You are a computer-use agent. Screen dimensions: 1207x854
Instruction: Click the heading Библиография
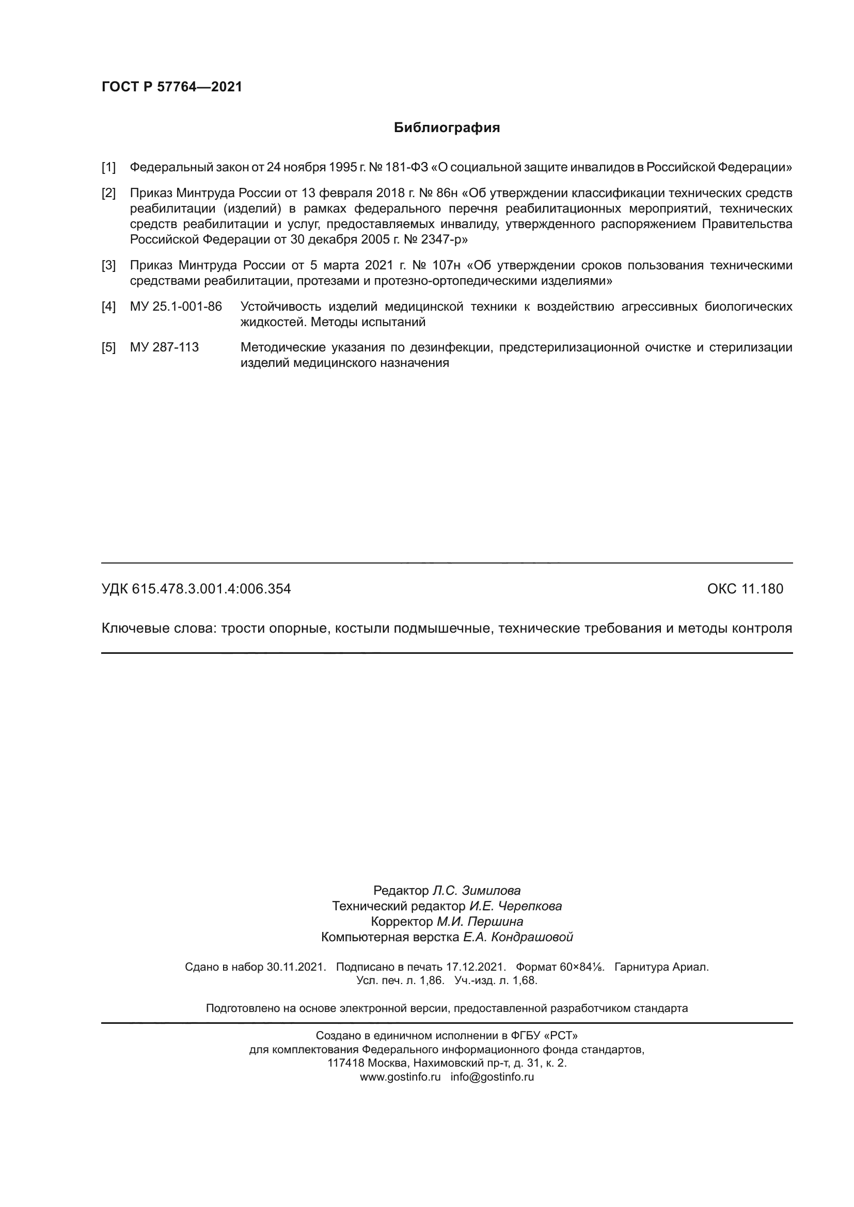(447, 128)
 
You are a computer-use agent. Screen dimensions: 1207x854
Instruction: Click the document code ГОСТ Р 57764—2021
(172, 87)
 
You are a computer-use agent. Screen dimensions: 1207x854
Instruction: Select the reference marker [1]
(108, 168)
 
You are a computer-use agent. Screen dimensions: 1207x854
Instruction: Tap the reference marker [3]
(108, 265)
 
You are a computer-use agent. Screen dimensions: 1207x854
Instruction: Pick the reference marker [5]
(108, 347)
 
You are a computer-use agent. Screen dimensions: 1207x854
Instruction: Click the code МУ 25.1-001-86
(176, 307)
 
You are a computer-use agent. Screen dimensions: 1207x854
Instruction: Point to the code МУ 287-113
(164, 347)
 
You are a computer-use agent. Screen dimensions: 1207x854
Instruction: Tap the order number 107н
(447, 265)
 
